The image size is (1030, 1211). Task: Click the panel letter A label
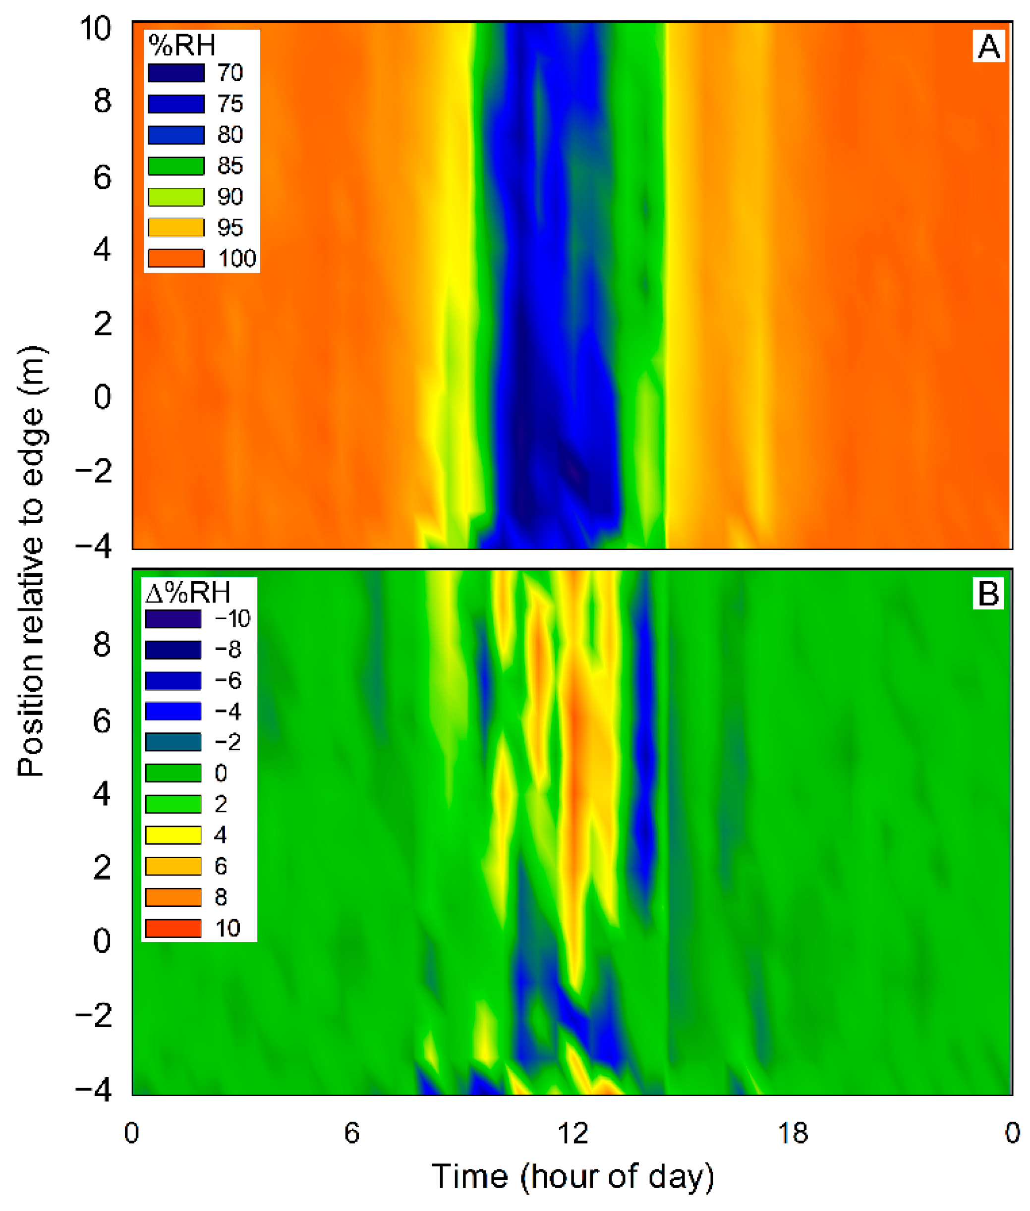[988, 46]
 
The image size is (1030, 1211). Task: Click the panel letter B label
[988, 594]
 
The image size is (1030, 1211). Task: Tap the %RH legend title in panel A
[181, 45]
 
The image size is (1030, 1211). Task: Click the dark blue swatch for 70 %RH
[176, 73]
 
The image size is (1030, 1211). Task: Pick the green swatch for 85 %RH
[176, 166]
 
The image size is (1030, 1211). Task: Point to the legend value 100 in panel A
[236, 259]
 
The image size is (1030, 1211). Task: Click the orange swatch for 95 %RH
[176, 227]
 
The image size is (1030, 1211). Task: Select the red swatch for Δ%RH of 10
[173, 929]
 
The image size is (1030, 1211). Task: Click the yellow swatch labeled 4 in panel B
[173, 835]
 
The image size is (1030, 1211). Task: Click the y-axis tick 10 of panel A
[95, 28]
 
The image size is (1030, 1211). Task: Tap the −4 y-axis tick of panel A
[93, 547]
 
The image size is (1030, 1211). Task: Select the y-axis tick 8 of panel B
[102, 645]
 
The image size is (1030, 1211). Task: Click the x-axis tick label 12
[572, 1133]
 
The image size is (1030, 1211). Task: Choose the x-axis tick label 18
[793, 1133]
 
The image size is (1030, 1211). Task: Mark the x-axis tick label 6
[351, 1133]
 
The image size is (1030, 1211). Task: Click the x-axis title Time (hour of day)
[572, 1176]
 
